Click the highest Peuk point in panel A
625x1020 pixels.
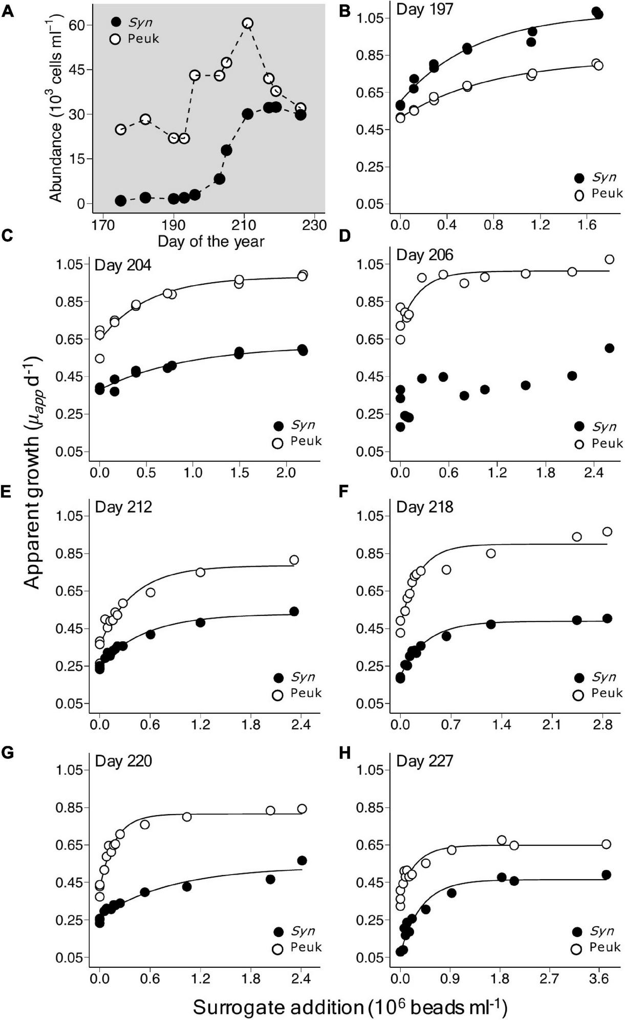[248, 24]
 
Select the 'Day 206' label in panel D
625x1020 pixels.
[424, 254]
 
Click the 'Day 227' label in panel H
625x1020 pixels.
[424, 761]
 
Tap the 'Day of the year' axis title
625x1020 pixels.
[211, 241]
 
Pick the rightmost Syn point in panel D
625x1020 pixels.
[609, 348]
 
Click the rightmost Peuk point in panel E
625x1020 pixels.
[294, 560]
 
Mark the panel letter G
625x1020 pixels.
[8, 753]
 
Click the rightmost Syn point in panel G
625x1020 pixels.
[301, 860]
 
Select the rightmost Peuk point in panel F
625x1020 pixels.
[607, 532]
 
